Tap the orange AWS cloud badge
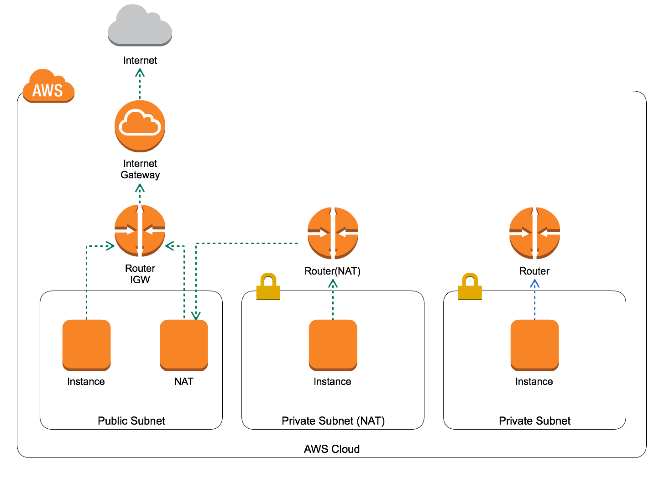(48, 87)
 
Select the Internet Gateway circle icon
(140, 126)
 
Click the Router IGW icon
(140, 230)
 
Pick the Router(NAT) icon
(333, 233)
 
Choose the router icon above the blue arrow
(534, 233)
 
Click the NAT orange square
(184, 345)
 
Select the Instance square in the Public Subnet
(86, 345)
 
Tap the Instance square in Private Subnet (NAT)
(333, 345)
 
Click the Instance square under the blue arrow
(534, 345)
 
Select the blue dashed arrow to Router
(534, 301)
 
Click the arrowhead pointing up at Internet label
(140, 73)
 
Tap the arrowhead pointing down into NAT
(196, 316)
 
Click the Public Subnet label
(131, 421)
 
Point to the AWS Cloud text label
(332, 449)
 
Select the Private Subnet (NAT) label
(333, 421)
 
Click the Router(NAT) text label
(332, 271)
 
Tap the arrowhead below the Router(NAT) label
(333, 284)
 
